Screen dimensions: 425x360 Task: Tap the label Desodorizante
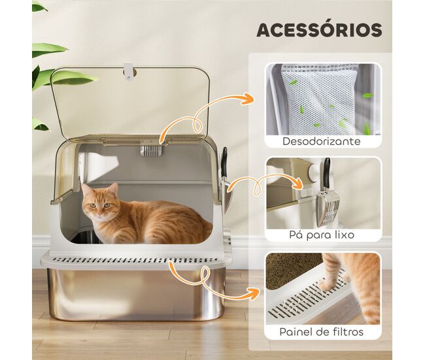pos(322,141)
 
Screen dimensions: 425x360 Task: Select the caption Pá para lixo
pos(322,235)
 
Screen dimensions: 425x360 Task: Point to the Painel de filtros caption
pos(322,332)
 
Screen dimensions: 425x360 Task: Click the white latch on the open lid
pos(128,71)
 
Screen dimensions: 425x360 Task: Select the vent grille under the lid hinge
pos(150,151)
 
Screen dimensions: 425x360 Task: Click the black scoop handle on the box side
pos(224,162)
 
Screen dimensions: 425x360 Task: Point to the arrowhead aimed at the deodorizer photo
pos(248,98)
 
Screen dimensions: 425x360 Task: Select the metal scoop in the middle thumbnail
pos(327,208)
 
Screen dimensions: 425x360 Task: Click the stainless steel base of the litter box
pos(135,294)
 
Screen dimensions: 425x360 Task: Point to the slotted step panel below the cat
pos(135,261)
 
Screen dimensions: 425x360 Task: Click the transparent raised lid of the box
pos(130,103)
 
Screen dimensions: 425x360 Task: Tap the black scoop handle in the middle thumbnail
pos(327,173)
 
